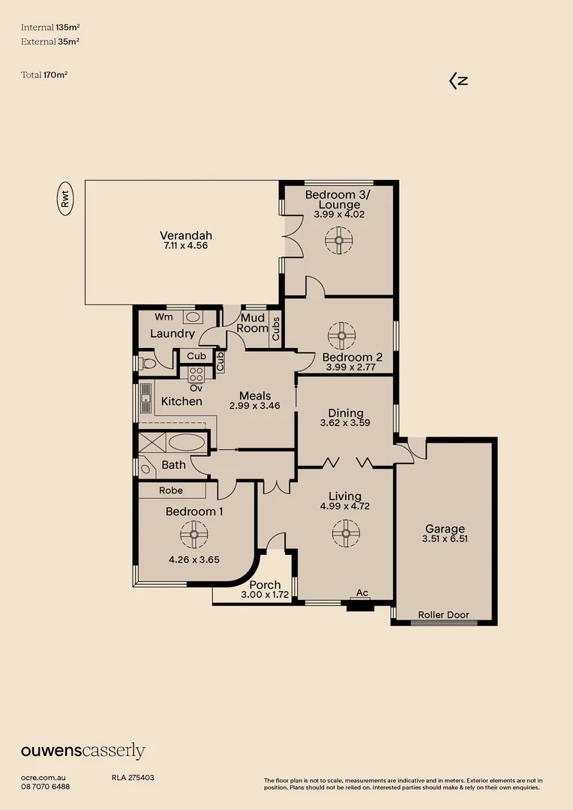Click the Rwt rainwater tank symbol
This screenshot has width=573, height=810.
65,199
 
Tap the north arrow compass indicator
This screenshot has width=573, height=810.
458,81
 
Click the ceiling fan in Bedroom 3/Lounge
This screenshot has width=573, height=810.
338,241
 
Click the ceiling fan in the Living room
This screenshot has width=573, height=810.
346,534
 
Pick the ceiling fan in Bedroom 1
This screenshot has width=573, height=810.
193,535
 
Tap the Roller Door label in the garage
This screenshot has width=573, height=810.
443,615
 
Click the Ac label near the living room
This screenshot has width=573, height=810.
362,592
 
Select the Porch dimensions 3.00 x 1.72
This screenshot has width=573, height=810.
265,595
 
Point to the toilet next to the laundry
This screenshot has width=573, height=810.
148,364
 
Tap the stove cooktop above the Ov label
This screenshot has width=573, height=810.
196,374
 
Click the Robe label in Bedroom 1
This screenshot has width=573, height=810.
171,490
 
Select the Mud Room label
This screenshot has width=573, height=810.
253,323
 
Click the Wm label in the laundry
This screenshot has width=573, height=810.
164,316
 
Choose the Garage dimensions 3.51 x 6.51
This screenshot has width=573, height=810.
445,538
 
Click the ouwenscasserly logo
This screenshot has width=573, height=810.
82,751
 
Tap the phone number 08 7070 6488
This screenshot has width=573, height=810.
46,787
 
